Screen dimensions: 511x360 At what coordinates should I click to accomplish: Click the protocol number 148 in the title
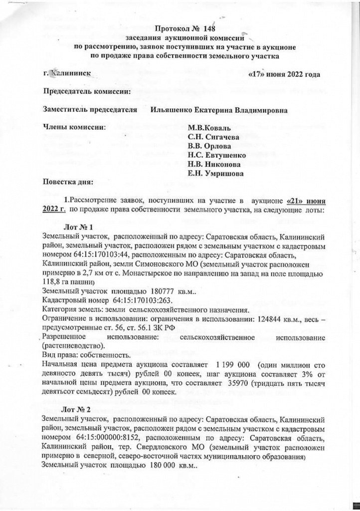coord(210,28)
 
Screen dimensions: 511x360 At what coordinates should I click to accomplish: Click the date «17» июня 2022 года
coord(283,75)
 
